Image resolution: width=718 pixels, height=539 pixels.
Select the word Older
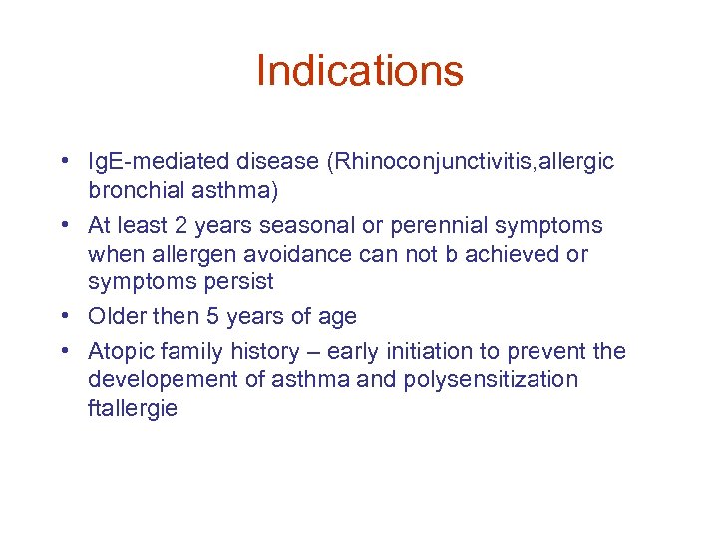(117, 317)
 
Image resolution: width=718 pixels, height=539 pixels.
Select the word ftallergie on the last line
(132, 407)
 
